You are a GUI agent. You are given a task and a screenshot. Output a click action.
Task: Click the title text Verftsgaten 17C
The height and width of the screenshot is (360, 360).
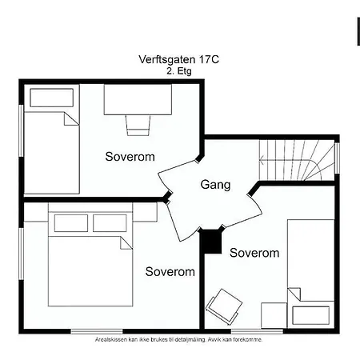[x=179, y=59]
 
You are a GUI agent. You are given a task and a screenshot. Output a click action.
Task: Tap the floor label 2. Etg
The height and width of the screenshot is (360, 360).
[x=179, y=70]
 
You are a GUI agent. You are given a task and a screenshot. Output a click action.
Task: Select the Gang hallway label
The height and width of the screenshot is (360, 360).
[x=215, y=185]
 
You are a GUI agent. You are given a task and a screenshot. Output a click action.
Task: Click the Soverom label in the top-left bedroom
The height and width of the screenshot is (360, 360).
[x=130, y=157]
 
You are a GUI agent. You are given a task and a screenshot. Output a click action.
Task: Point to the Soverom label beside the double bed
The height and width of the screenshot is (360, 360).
[x=170, y=272]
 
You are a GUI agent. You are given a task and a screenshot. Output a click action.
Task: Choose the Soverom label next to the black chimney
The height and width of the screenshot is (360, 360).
[x=254, y=253]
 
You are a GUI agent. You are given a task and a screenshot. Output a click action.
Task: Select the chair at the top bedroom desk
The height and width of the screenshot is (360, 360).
[x=138, y=124]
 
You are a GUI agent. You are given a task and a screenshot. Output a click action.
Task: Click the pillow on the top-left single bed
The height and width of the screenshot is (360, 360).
[x=50, y=98]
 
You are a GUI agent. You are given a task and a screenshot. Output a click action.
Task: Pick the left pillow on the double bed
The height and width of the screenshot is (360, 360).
[x=70, y=222]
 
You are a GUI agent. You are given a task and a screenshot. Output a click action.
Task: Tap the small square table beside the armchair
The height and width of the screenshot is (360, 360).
[x=273, y=315]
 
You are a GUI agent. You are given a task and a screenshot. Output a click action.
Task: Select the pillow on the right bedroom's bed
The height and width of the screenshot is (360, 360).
[x=312, y=315]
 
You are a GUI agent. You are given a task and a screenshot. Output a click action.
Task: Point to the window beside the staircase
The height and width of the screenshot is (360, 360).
[x=337, y=158]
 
